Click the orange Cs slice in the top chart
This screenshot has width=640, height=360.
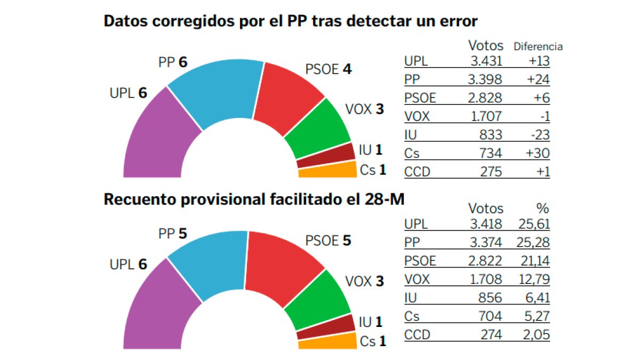[x=327, y=170]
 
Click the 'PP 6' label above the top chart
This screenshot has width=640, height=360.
[x=173, y=62]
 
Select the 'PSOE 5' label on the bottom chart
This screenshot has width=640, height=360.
[x=328, y=241]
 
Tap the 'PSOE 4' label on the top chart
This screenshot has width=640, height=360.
[x=328, y=69]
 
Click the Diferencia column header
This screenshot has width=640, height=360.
[x=538, y=46]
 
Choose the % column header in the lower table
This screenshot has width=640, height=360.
[x=542, y=209]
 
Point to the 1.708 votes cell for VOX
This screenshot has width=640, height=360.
[x=486, y=279]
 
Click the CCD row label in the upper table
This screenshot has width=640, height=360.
[x=417, y=172]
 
